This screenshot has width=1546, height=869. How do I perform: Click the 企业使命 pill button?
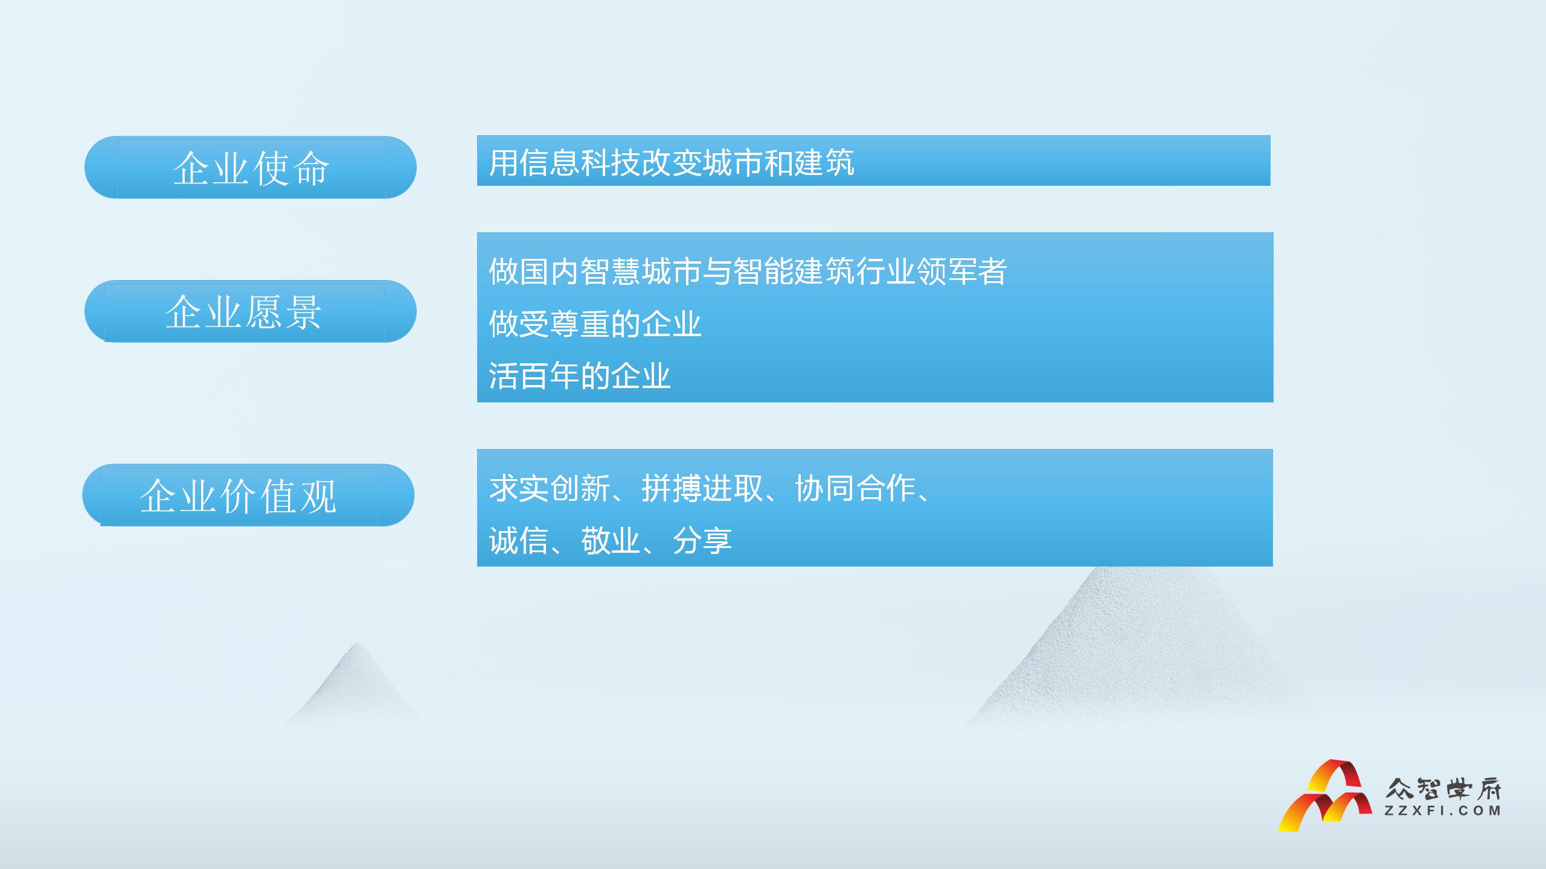click(x=251, y=167)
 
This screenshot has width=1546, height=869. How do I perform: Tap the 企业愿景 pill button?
click(x=251, y=311)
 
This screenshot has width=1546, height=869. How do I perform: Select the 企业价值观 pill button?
click(x=248, y=495)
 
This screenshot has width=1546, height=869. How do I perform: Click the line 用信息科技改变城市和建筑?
click(x=672, y=163)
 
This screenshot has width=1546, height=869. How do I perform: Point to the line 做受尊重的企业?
click(x=595, y=324)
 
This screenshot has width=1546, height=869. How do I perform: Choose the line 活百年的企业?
click(x=580, y=376)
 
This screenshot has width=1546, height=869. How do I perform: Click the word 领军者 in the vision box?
click(x=962, y=272)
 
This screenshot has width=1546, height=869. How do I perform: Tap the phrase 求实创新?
click(x=550, y=488)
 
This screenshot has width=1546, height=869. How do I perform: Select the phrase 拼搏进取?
click(x=703, y=488)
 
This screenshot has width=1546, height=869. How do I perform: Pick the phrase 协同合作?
click(x=856, y=488)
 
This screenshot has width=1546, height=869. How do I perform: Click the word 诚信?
click(x=519, y=540)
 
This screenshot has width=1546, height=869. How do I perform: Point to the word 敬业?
click(x=611, y=540)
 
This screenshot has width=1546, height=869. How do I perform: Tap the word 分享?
click(x=702, y=540)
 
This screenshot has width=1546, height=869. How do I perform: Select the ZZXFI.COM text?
click(x=1442, y=811)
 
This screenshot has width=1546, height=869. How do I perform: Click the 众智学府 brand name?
click(x=1443, y=788)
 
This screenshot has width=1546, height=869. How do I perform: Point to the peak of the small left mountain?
click(x=358, y=643)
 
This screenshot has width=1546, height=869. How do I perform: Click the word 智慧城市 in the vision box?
click(x=641, y=272)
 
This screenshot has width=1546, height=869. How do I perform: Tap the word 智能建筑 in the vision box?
click(x=794, y=272)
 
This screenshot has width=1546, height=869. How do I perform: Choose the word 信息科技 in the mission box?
click(x=580, y=163)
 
